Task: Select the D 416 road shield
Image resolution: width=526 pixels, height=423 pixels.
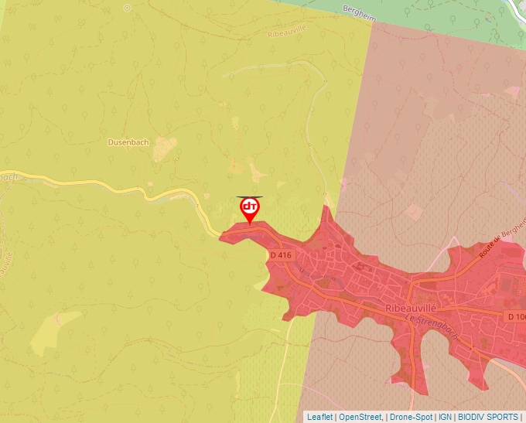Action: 282,255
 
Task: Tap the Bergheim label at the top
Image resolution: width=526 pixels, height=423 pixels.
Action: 362,9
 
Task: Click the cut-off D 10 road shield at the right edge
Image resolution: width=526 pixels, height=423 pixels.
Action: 516,317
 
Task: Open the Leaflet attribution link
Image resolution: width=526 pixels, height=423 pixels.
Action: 319,417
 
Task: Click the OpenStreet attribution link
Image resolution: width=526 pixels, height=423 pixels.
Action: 360,417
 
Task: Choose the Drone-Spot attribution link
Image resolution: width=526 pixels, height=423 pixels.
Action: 411,417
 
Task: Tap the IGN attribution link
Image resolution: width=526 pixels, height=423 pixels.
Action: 445,417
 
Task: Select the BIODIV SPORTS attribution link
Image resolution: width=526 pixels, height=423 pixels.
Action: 488,417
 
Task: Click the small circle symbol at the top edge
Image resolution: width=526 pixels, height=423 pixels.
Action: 127,8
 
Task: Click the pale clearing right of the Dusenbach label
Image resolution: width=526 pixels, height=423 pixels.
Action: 165,148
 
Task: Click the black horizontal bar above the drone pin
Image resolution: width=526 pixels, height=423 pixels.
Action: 250,197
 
